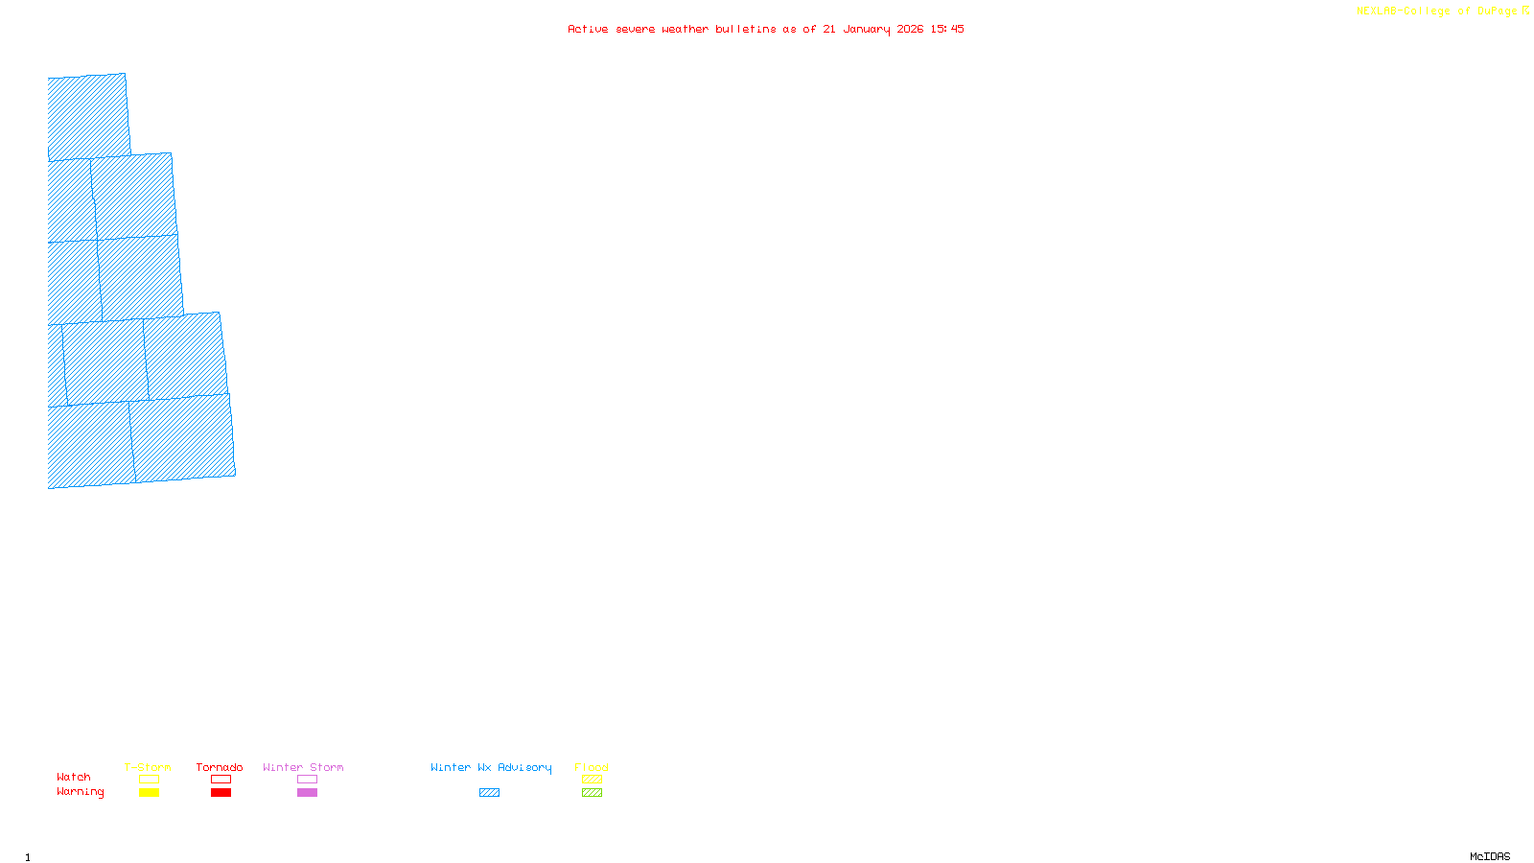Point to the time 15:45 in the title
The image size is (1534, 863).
coord(947,29)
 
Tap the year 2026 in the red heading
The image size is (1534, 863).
coord(910,29)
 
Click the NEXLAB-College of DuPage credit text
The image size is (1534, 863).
coord(1436,12)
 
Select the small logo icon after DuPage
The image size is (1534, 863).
coord(1525,11)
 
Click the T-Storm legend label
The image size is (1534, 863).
coord(148,767)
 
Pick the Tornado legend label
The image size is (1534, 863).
coord(220,767)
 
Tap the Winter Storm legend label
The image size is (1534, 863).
coord(303,767)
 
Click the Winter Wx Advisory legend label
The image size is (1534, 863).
coord(491,767)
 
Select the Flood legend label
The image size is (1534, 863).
coord(592,767)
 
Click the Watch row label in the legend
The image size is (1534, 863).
coord(74,777)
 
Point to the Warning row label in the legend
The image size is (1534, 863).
coord(81,792)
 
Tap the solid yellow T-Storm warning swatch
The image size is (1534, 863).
coord(149,793)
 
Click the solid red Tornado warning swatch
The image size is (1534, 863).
coord(221,793)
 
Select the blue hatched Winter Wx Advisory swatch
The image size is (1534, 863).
coord(489,793)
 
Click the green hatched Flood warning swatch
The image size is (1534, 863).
coord(592,793)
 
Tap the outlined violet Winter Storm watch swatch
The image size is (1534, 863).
coord(307,780)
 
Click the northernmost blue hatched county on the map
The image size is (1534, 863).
coord(88,117)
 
